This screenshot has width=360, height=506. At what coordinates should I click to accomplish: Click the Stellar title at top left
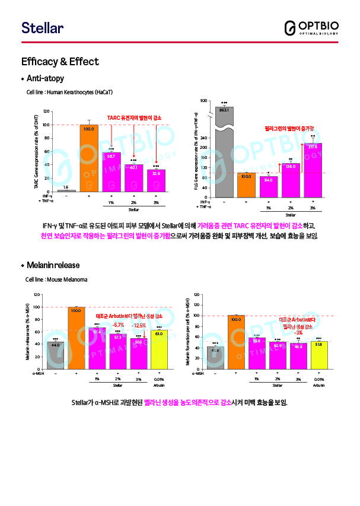42,28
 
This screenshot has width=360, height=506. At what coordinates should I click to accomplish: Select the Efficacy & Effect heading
60,62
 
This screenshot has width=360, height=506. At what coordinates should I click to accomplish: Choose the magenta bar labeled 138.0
291,181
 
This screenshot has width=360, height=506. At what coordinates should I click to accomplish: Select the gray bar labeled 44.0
55,354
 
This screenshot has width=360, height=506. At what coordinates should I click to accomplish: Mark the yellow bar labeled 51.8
319,354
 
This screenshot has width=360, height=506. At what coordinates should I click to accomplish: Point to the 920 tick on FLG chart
203,101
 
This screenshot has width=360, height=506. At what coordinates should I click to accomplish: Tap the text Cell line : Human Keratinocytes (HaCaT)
69,93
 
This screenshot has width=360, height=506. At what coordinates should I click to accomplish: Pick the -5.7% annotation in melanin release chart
119,326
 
